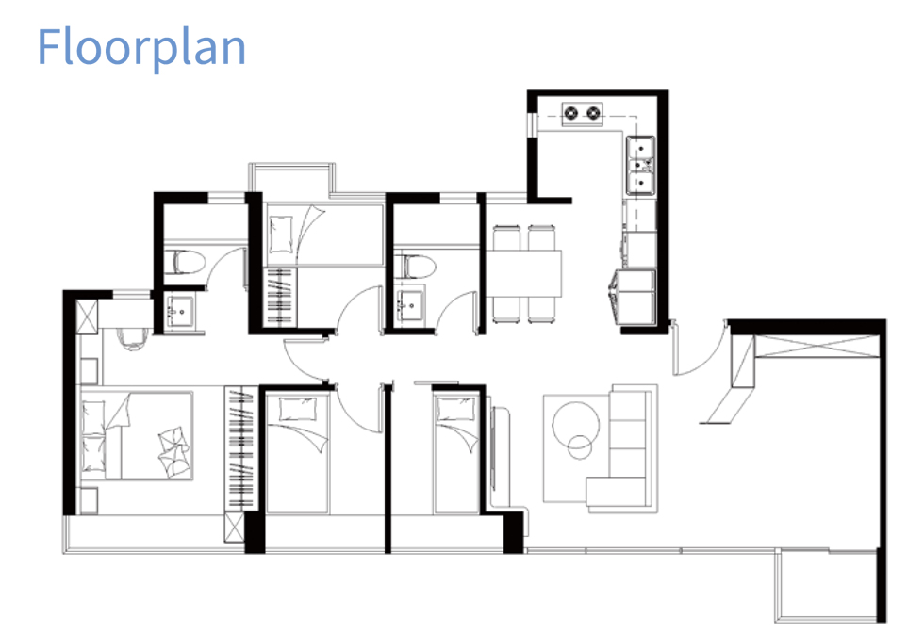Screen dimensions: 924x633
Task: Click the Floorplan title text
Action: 141,48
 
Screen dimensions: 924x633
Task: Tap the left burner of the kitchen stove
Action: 571,112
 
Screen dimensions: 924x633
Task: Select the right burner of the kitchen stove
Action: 593,112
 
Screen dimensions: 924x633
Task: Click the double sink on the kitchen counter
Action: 640,165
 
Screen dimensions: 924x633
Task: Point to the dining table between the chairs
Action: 523,273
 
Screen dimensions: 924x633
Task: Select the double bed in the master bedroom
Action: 137,435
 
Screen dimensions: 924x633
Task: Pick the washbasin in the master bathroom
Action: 180,308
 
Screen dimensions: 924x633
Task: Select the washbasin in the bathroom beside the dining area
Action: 410,304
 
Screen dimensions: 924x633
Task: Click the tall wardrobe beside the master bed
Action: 240,447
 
